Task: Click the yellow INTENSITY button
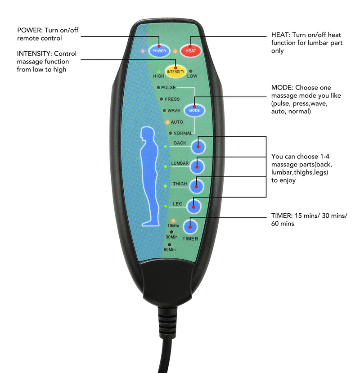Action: click(175, 71)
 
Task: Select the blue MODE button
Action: click(194, 110)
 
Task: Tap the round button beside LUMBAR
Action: click(197, 166)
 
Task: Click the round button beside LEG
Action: click(193, 206)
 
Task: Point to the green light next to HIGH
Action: click(158, 71)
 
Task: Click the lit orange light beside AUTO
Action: click(166, 122)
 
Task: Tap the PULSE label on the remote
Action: click(168, 87)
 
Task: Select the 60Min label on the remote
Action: click(170, 249)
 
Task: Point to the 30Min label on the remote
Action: click(171, 237)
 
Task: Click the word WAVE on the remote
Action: click(174, 110)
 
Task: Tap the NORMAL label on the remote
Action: click(183, 133)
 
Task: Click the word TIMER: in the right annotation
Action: click(282, 216)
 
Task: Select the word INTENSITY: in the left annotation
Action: click(34, 54)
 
